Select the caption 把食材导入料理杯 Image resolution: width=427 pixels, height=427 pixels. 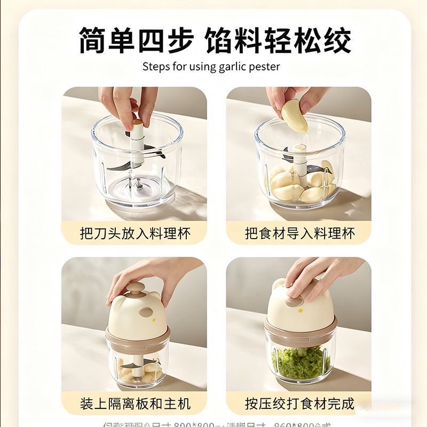[299, 233]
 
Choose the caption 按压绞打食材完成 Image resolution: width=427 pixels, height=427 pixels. [299, 403]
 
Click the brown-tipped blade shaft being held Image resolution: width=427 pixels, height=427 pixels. [138, 125]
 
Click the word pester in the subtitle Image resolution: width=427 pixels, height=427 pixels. [265, 67]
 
